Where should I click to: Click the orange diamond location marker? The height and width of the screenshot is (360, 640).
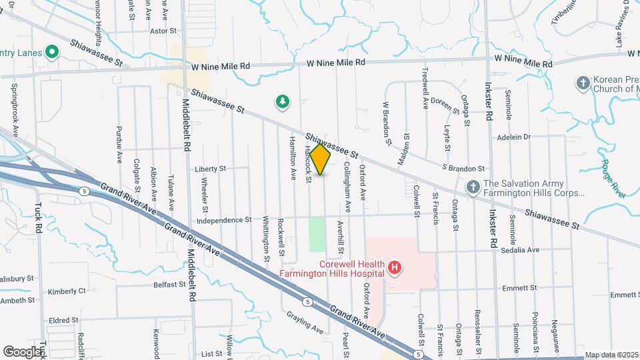click(x=321, y=159)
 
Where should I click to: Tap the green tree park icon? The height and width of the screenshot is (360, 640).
click(x=283, y=102)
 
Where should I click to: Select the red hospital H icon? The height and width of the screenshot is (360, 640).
click(x=395, y=268)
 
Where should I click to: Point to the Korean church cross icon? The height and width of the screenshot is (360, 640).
click(x=583, y=83)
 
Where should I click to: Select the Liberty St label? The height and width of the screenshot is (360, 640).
click(x=211, y=169)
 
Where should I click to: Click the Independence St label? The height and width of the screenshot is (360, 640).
click(x=224, y=219)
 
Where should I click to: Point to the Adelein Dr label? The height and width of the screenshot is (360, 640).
click(x=513, y=137)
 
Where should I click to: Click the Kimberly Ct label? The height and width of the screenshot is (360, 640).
click(x=67, y=291)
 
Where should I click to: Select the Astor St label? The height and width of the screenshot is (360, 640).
click(x=163, y=31)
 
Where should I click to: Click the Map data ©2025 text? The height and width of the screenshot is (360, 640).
click(x=611, y=355)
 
